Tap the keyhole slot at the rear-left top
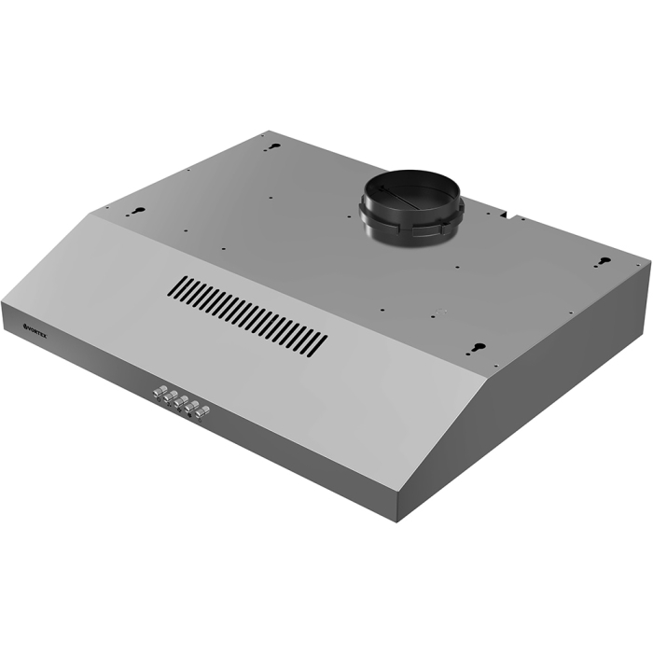(271, 146)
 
